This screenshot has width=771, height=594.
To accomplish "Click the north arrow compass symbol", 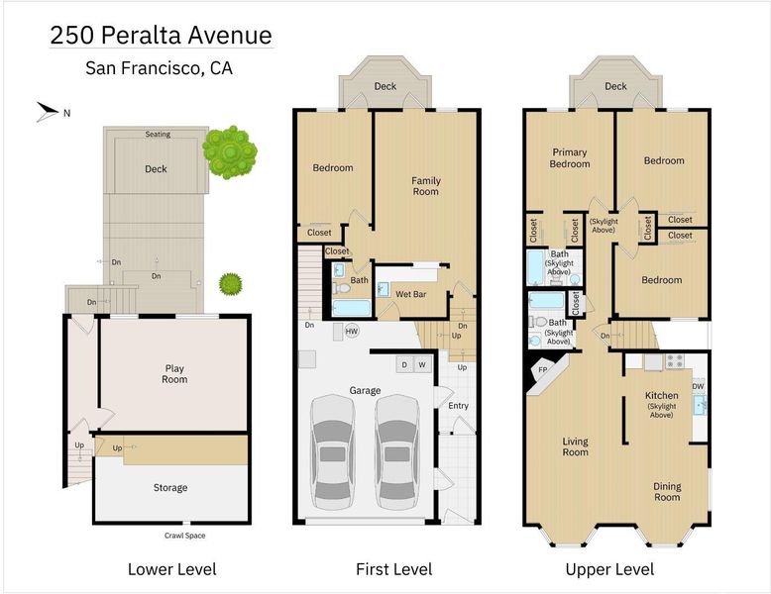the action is click(49, 112).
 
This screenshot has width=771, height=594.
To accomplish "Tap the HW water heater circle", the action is click(351, 331).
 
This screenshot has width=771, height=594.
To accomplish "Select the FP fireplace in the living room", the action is click(542, 369).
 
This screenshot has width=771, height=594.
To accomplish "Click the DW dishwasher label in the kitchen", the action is click(699, 387).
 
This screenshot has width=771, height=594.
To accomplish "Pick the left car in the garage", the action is click(332, 452).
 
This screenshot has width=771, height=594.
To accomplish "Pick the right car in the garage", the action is click(396, 452).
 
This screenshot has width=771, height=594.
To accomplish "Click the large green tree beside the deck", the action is click(230, 152).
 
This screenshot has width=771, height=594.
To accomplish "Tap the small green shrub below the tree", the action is click(231, 284).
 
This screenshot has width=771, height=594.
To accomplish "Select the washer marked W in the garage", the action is click(422, 364).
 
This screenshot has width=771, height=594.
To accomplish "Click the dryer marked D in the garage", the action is click(404, 364).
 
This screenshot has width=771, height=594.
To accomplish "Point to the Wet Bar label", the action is click(411, 294).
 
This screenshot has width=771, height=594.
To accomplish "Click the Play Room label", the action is click(174, 374).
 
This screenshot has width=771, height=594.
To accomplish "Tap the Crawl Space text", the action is click(185, 536).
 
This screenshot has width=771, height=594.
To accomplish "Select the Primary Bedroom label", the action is click(570, 158).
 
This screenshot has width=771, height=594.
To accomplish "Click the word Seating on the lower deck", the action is click(158, 134).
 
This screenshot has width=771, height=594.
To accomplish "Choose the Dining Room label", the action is click(667, 492).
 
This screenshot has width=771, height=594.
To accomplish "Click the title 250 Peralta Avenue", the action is click(161, 36).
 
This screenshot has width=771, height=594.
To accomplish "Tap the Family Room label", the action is click(426, 186).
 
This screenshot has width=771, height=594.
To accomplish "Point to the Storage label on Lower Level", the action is click(170, 488).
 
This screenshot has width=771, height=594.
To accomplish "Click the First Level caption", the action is click(393, 569).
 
